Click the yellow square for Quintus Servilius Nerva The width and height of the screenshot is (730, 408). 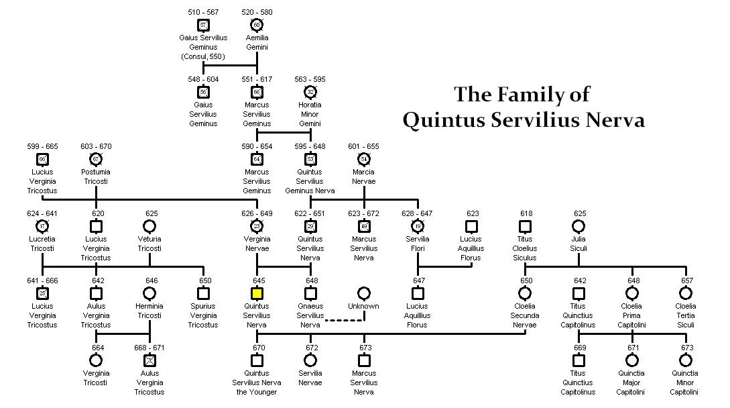click(x=257, y=293)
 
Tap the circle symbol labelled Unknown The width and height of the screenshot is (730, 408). click(x=363, y=293)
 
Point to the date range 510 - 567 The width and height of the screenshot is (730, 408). click(x=203, y=12)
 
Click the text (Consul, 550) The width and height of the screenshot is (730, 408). click(x=203, y=56)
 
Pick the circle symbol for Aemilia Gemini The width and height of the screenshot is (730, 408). click(x=257, y=25)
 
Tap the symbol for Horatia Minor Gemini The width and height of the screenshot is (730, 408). click(x=310, y=92)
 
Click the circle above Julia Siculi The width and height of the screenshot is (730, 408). click(x=579, y=226)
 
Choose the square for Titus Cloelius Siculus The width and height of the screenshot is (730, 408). click(x=525, y=226)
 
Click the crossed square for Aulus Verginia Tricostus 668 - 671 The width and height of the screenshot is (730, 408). click(x=149, y=360)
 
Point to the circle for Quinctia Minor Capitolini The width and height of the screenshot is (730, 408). click(x=685, y=360)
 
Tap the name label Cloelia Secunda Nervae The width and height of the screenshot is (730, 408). click(x=525, y=315)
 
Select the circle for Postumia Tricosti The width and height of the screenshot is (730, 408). click(x=96, y=159)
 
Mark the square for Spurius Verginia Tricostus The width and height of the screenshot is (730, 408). click(x=203, y=293)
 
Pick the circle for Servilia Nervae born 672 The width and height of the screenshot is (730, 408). click(x=310, y=360)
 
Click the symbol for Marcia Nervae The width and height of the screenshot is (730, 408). click(x=363, y=159)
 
